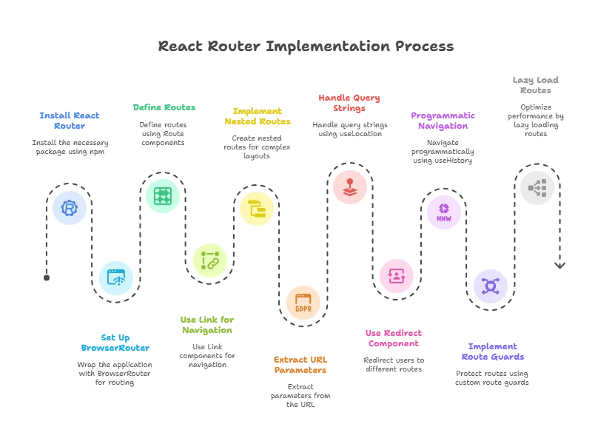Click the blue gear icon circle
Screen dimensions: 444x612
point(69,208)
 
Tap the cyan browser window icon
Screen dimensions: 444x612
point(116,277)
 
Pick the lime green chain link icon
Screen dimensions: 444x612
point(210,260)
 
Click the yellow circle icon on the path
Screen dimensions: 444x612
point(257,209)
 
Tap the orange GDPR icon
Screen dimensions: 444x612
point(303,303)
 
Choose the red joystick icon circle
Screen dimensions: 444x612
point(350,186)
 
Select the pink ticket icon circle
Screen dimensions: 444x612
point(397,275)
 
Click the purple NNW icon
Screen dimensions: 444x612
point(444,212)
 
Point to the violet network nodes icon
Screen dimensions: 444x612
point(491,286)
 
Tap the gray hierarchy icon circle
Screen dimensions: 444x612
point(537,186)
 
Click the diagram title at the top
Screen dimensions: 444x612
point(304,46)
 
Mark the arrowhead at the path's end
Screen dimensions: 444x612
point(559,264)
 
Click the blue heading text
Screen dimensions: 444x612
point(70,120)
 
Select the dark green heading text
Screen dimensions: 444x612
point(164,107)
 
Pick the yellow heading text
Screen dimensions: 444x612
point(258,117)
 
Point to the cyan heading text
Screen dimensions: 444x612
point(115,343)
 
